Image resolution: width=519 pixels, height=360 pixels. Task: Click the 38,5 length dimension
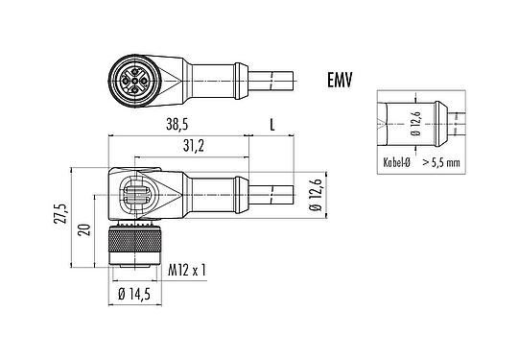[177, 125]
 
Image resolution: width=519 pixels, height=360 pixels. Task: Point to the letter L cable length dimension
[273, 125]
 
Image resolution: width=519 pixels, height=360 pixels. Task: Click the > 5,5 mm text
[440, 163]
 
